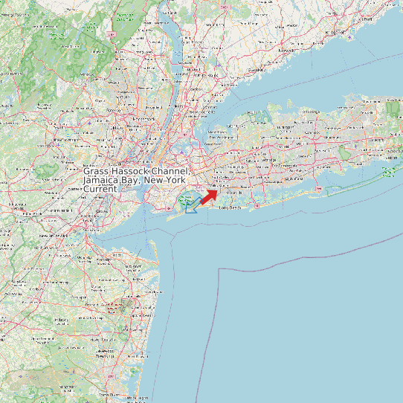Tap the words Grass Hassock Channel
[x=136, y=171]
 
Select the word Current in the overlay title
[x=100, y=190]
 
